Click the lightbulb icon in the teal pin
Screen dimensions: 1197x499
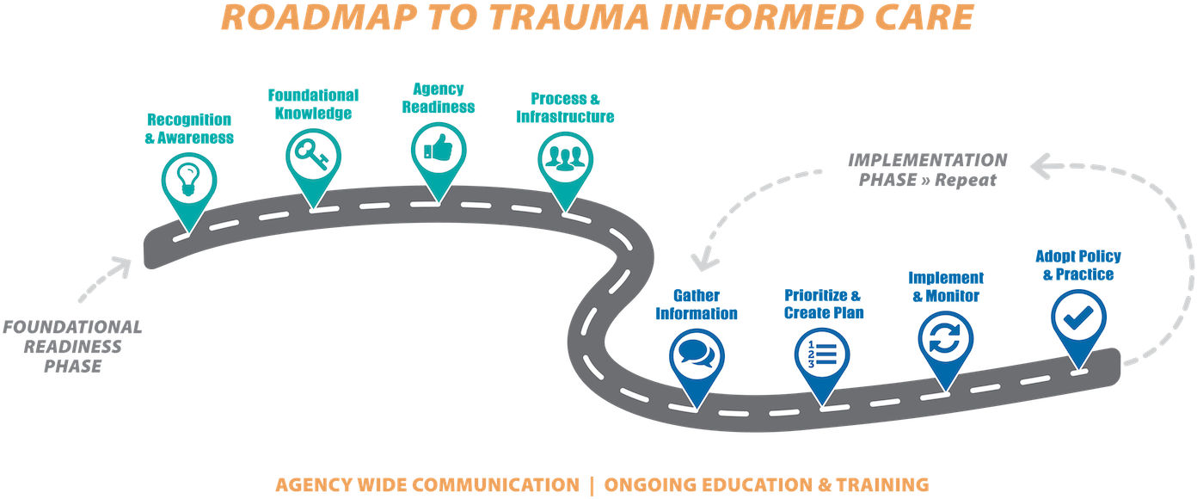coord(188,180)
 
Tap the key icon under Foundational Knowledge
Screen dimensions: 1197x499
coord(313,155)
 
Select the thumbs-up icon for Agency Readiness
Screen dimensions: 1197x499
coord(439,148)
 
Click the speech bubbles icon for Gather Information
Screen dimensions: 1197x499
coord(696,354)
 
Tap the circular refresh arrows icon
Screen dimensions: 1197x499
coord(945,339)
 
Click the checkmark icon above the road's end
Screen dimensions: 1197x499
coord(1078,317)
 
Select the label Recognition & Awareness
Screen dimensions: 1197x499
coord(189,128)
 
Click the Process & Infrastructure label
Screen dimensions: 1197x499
coord(565,108)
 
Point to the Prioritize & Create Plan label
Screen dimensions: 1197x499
coord(824,304)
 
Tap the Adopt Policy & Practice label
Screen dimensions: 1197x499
coord(1078,265)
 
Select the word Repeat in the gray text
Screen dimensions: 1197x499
coord(965,180)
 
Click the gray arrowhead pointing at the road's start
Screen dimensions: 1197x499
coord(122,267)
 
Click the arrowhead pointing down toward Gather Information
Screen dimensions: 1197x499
coord(703,261)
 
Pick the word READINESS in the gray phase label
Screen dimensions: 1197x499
coord(73,347)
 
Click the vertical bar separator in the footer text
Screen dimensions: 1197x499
coord(592,485)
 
